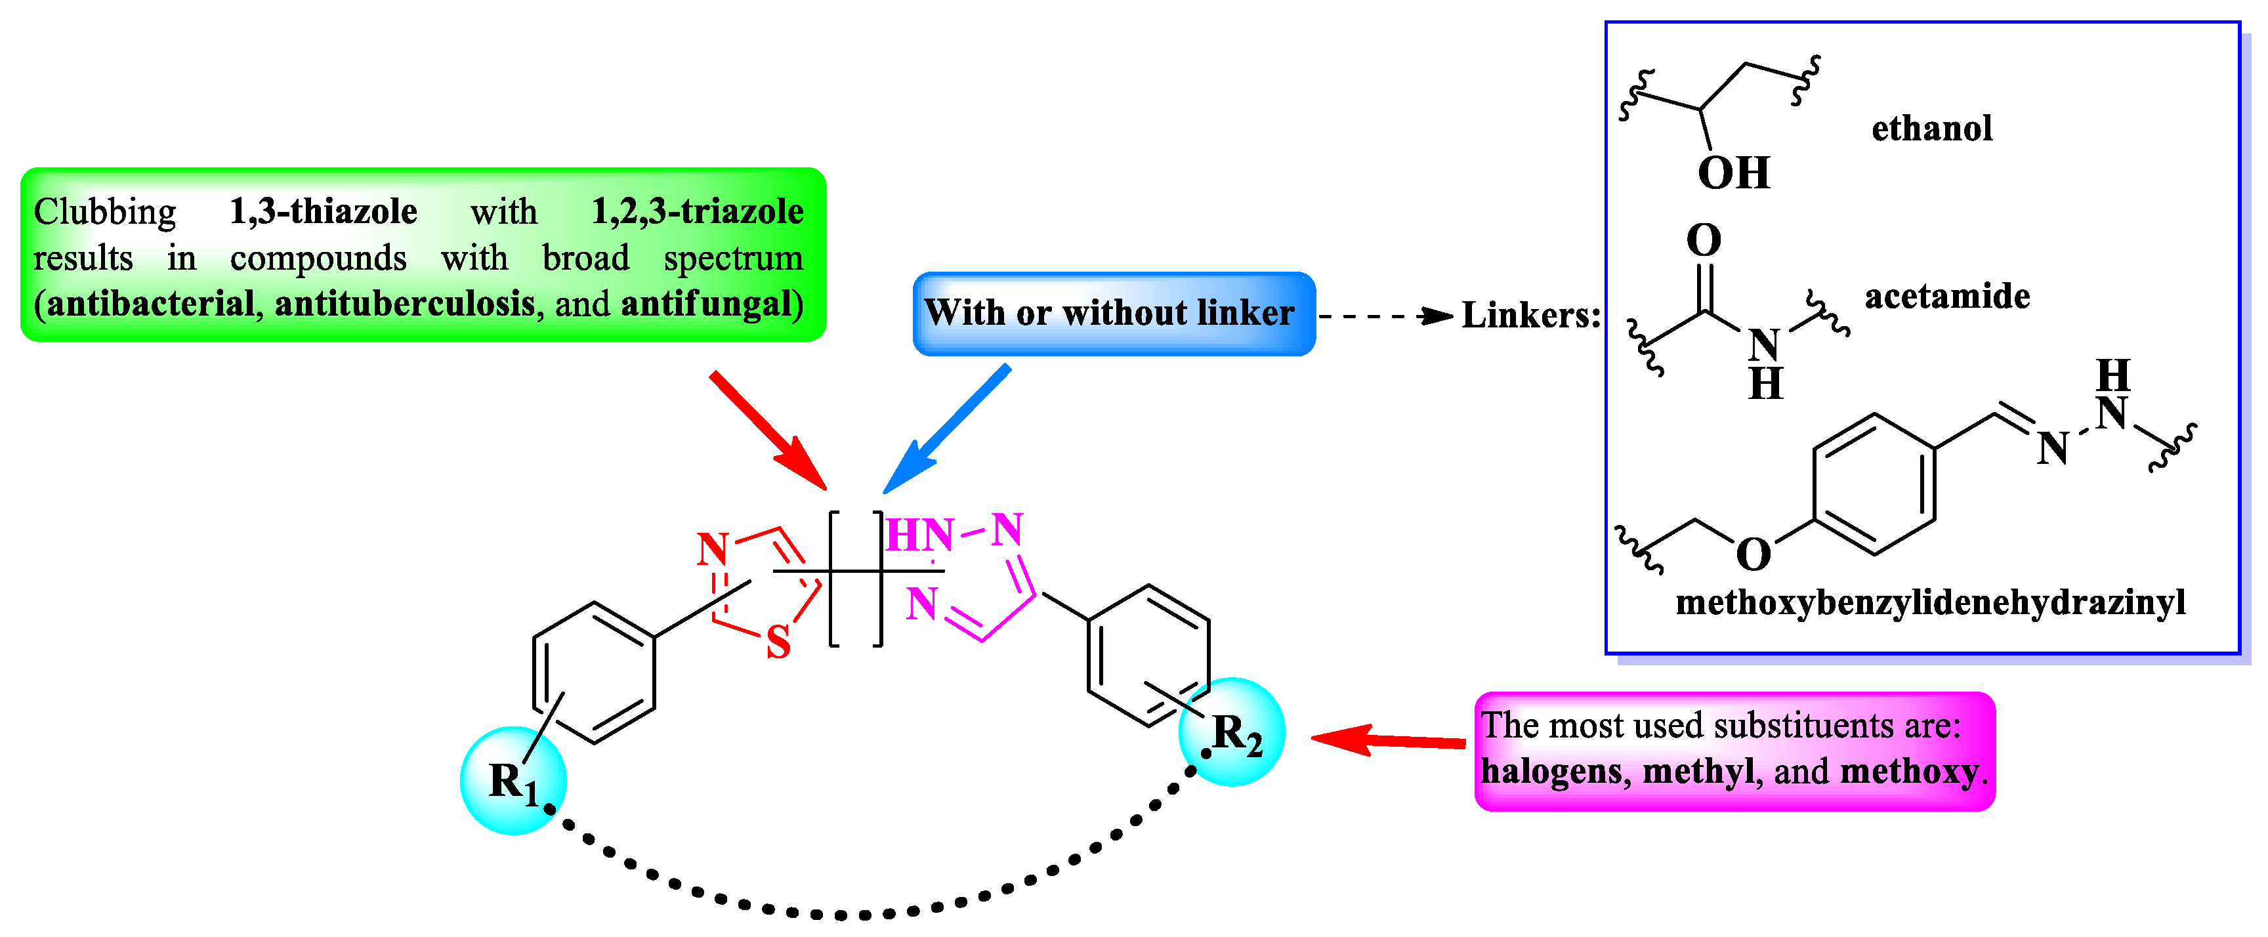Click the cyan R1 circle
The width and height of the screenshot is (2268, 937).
pos(513,780)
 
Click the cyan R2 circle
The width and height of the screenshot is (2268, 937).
pos(1232,732)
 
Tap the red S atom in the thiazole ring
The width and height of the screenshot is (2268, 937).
pos(778,643)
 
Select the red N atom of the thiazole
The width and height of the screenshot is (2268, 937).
pos(712,549)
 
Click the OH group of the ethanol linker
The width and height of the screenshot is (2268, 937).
pos(1732,173)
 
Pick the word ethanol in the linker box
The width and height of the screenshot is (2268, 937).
pos(1932,129)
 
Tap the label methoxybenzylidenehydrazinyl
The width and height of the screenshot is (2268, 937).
pos(1930,603)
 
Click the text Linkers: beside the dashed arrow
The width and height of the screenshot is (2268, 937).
pos(1530,315)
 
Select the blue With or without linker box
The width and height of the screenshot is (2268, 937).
pos(1114,314)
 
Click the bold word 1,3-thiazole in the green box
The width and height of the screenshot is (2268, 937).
pos(323,211)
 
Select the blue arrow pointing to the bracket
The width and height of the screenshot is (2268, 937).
pos(946,430)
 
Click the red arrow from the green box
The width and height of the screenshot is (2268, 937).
pos(768,430)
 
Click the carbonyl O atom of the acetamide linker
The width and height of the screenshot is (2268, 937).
pos(1704,239)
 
